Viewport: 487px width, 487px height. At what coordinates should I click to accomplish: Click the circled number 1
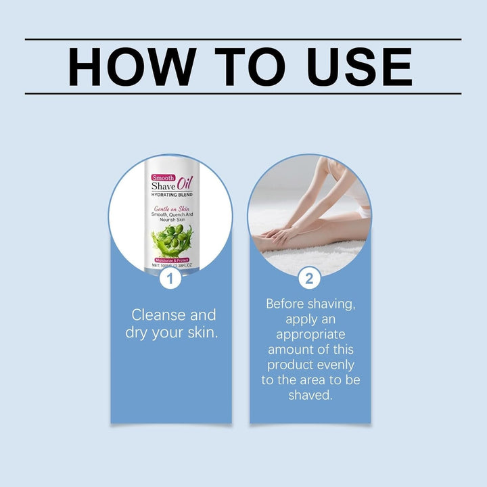pos(170,277)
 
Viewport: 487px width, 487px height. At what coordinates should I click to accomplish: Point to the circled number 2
pos(310,277)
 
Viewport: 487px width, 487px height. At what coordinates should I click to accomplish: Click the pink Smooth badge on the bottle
pos(164,177)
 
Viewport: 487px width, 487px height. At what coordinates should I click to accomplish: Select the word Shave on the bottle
pos(163,187)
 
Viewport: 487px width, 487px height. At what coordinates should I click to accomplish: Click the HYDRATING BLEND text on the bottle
pos(171,195)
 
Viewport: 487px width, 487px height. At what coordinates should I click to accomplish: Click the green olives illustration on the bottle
pos(171,239)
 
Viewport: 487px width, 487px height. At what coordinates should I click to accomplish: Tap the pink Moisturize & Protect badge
pos(171,260)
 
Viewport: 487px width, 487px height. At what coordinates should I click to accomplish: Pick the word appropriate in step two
pos(310,334)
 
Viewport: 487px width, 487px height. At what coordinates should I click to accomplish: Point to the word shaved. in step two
pos(310,395)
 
